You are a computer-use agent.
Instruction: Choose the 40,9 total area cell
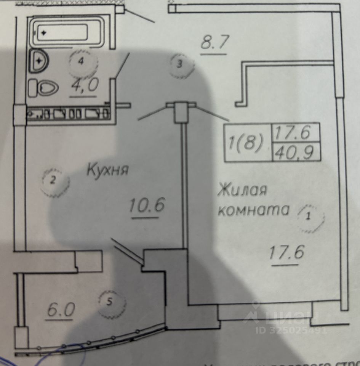[296, 153]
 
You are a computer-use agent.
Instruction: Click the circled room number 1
[309, 217]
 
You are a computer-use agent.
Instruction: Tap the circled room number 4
[81, 62]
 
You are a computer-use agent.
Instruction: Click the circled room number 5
[110, 302]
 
